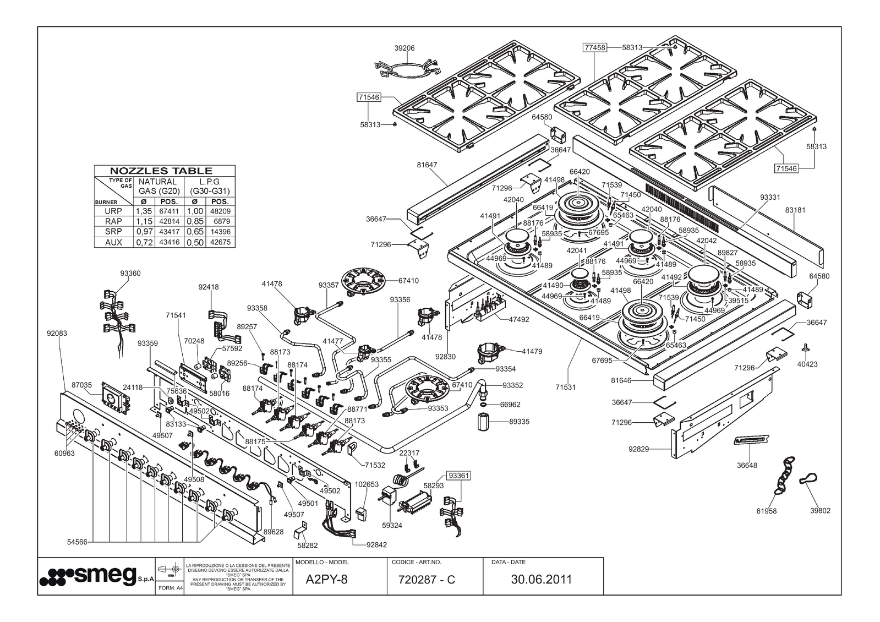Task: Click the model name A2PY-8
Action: pyautogui.click(x=326, y=580)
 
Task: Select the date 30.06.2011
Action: pyautogui.click(x=542, y=580)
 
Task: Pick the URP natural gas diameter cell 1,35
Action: pyautogui.click(x=143, y=211)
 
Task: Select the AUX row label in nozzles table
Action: pyautogui.click(x=113, y=242)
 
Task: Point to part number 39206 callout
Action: pyautogui.click(x=405, y=48)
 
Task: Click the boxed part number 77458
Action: pyautogui.click(x=594, y=48)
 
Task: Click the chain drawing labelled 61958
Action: pyautogui.click(x=784, y=476)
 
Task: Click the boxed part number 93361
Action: pyautogui.click(x=459, y=475)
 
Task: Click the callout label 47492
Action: pyautogui.click(x=518, y=319)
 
